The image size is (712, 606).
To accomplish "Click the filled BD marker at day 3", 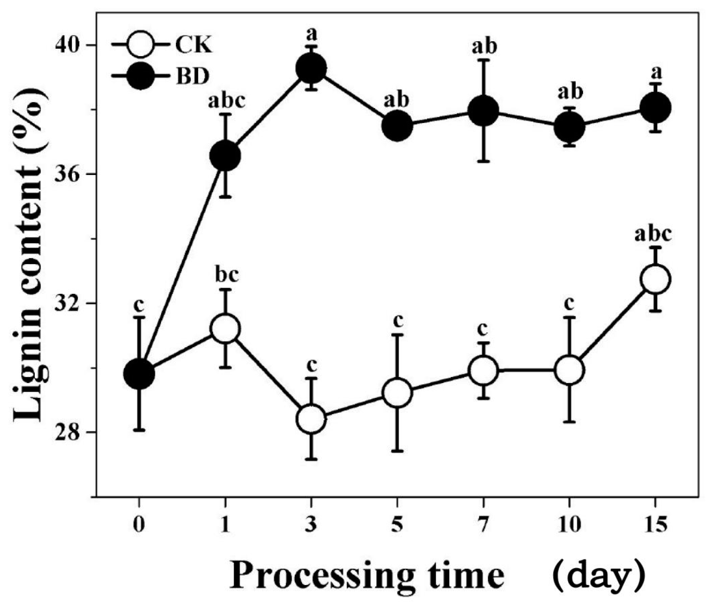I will click(311, 69).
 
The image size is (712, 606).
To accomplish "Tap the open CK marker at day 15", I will click(656, 279).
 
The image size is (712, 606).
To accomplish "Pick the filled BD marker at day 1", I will click(225, 156).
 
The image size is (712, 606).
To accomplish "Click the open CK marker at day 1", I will click(225, 329).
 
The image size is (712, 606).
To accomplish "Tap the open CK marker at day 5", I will click(397, 392).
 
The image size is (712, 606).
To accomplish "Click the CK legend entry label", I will click(194, 45).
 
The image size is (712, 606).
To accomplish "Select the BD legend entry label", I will click(193, 77).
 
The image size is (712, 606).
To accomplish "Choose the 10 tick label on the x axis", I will click(569, 525).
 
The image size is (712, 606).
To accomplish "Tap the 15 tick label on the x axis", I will click(656, 525).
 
